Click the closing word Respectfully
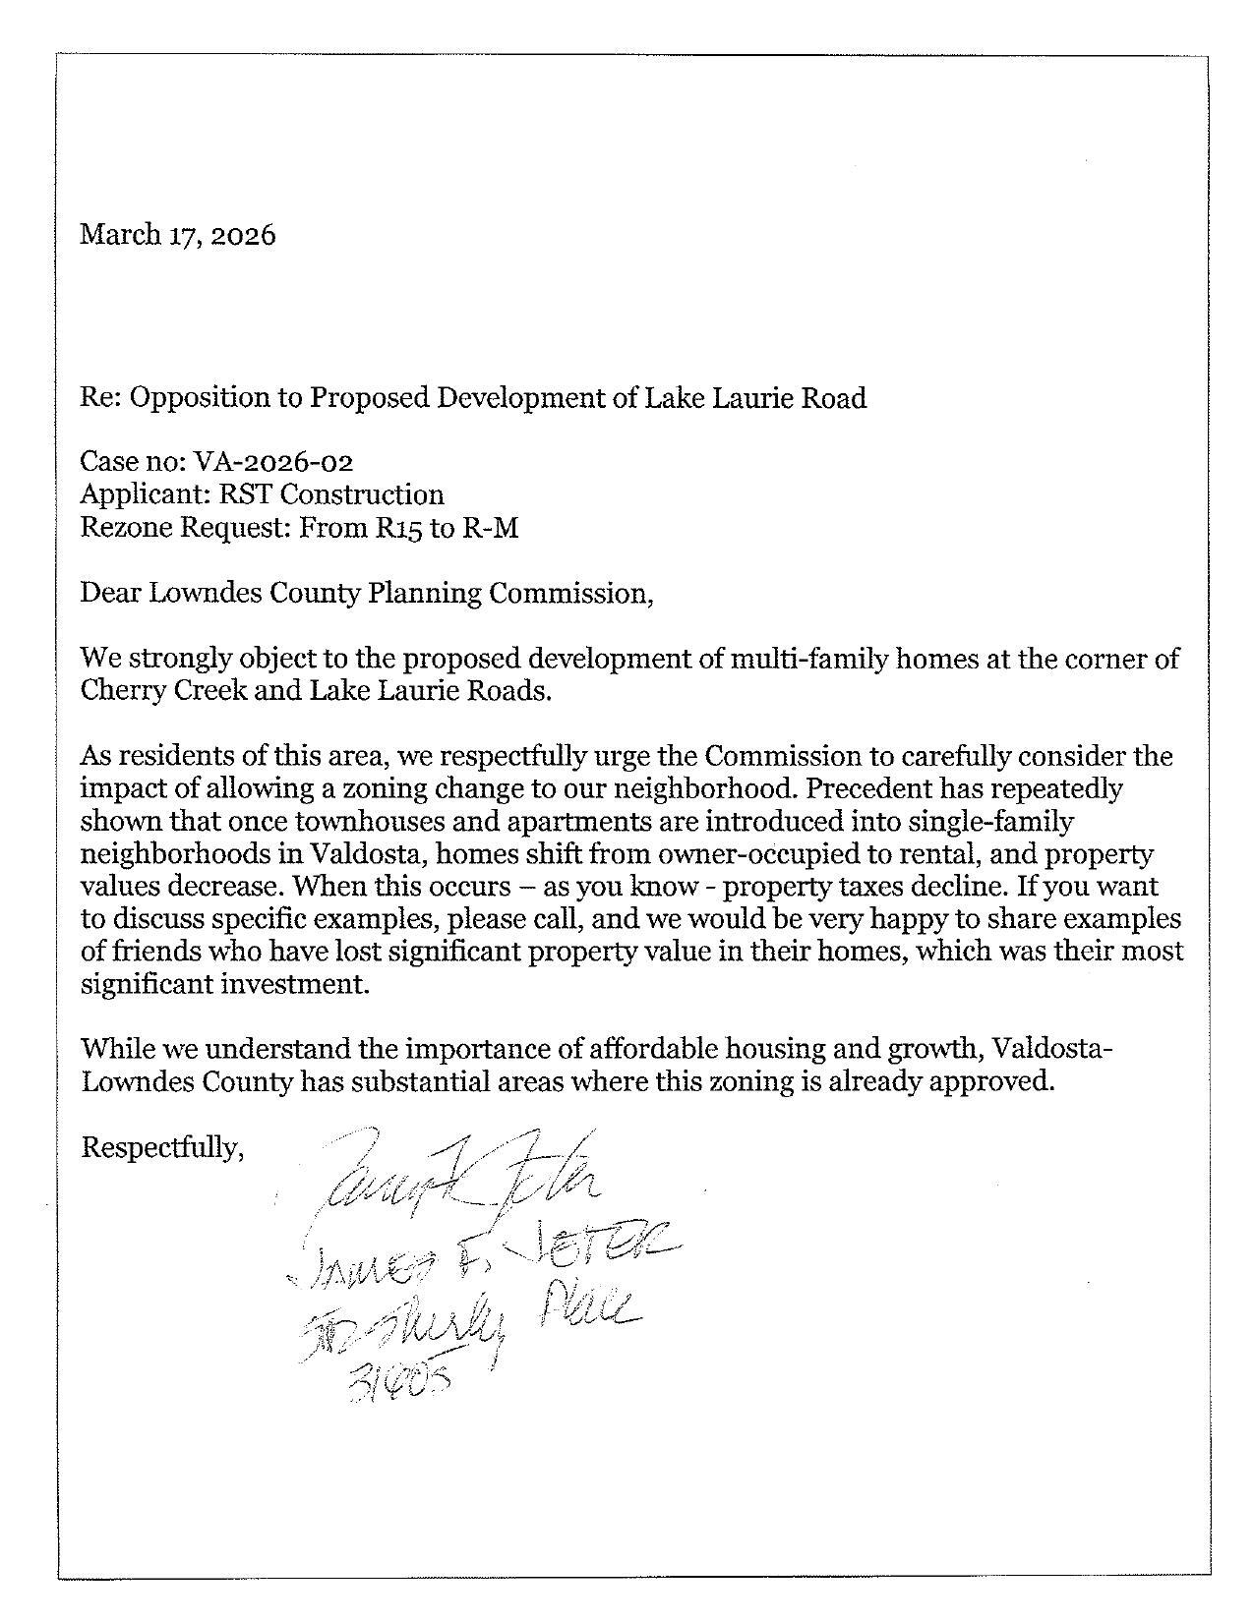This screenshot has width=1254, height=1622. click(x=161, y=1146)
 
